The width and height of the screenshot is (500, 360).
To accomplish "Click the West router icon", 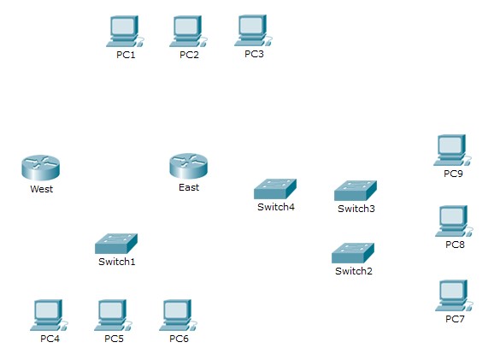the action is click(40, 168).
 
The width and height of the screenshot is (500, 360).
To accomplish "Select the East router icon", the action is click(188, 166).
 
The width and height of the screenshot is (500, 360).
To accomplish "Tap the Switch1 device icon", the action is click(116, 244).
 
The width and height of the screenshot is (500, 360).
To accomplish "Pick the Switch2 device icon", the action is click(353, 253).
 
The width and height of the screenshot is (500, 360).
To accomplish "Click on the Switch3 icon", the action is click(356, 191).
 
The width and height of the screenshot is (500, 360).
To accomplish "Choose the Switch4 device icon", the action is click(275, 189).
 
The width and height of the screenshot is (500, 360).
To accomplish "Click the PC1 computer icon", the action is click(125, 32).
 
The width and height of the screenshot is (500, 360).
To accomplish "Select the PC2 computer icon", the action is click(188, 32).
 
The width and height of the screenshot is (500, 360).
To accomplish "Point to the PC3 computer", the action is click(254, 31).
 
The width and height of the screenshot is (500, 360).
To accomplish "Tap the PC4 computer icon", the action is click(49, 316).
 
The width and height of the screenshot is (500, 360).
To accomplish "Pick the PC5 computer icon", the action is click(113, 316).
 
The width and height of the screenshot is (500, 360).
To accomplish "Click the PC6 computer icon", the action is click(179, 316).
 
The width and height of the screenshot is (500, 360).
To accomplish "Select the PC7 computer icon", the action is click(455, 296).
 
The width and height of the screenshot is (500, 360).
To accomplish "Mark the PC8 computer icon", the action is click(455, 221).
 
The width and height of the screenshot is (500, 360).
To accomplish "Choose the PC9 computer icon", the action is click(452, 150).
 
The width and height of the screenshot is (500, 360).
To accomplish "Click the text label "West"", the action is click(42, 189).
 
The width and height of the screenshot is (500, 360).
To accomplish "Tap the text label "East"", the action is click(189, 187).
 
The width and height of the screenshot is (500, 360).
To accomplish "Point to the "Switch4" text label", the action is click(276, 207).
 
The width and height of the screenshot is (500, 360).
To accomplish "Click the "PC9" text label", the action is click(453, 174).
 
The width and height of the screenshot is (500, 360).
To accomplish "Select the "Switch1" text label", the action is click(117, 262).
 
